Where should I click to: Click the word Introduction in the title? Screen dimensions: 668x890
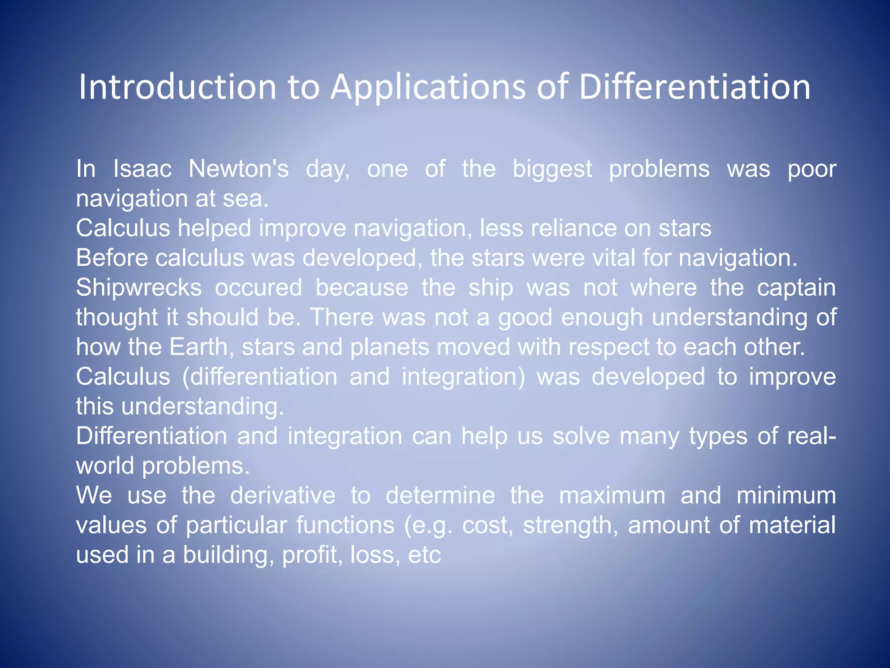(x=177, y=87)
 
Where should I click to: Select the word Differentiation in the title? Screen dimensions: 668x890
(x=694, y=87)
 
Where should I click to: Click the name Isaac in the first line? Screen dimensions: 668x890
(x=142, y=169)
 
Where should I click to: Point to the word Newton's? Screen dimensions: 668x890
(x=239, y=169)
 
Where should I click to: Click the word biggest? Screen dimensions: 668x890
(x=552, y=170)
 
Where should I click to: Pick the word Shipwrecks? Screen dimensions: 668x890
(x=139, y=288)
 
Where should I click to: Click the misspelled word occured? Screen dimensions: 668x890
(x=259, y=288)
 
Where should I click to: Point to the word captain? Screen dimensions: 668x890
(x=796, y=288)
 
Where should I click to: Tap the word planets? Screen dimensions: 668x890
(x=389, y=347)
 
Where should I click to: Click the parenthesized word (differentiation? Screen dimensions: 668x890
(x=259, y=377)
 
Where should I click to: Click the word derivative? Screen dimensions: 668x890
(x=282, y=495)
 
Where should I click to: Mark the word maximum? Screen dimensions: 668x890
(x=612, y=495)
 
